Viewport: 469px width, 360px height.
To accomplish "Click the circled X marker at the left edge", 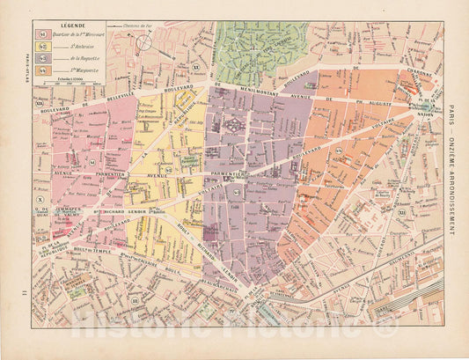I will (39, 201).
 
